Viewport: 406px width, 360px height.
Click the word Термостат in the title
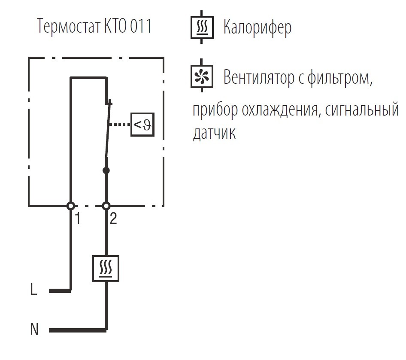click(69, 26)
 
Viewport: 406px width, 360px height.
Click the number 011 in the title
click(141, 26)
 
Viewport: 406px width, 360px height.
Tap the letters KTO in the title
click(115, 26)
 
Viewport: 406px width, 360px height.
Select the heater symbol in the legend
click(202, 27)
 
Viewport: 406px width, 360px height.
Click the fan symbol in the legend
click(202, 76)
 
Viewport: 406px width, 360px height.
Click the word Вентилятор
click(259, 77)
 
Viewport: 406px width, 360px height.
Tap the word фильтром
click(340, 78)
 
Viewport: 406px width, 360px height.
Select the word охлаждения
click(280, 110)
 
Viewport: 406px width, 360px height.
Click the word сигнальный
click(362, 110)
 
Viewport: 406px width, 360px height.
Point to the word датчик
click(215, 133)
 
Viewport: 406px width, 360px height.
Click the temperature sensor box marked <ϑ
click(142, 125)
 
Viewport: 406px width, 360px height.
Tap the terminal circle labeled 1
click(71, 206)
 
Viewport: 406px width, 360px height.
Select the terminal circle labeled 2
click(106, 206)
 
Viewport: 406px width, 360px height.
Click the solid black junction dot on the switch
click(106, 171)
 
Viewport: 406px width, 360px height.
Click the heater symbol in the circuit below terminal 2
click(106, 268)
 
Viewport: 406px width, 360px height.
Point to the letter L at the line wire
click(33, 289)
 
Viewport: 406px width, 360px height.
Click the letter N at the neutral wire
click(34, 329)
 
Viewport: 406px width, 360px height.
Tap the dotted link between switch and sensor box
click(119, 125)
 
